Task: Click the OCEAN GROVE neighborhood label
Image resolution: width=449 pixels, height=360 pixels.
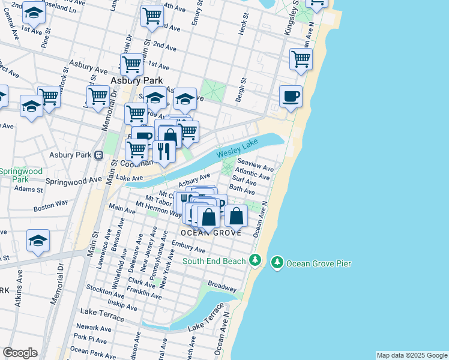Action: tap(211, 232)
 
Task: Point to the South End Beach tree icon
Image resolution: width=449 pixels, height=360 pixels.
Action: tap(255, 260)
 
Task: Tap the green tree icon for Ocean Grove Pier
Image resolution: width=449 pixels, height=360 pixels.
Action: tap(277, 263)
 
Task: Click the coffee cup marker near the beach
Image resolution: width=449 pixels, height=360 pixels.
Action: tap(291, 97)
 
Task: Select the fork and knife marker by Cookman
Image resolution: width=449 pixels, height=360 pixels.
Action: tap(163, 151)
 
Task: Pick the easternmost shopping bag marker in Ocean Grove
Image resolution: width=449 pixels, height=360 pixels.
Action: tap(237, 215)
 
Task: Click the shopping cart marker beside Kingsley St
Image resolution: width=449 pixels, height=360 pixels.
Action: tap(301, 59)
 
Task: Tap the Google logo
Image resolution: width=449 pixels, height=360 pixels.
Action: tap(20, 353)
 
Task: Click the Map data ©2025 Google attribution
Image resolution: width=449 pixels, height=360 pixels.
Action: tap(412, 355)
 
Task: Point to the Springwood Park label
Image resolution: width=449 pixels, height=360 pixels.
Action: tap(22, 175)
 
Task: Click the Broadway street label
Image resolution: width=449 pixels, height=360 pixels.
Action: tap(222, 283)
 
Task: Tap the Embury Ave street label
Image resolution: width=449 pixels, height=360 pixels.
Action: tap(188, 246)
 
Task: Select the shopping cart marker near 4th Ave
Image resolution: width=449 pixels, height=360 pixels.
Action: tap(152, 16)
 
